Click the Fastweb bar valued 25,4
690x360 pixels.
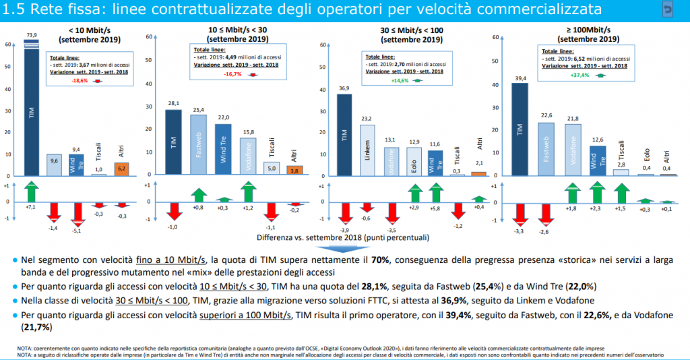click(198, 145)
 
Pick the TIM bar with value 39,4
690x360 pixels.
click(520, 129)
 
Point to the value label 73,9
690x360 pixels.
click(31, 34)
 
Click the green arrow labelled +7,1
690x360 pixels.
click(31, 190)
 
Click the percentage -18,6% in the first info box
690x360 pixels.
click(80, 80)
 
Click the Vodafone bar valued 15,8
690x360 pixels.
click(247, 158)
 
